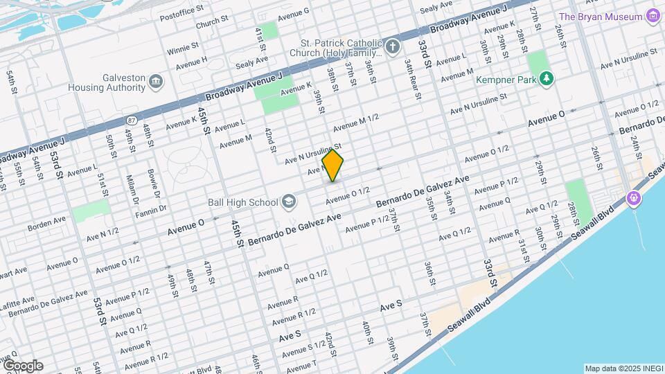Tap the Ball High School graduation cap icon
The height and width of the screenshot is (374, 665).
[x=288, y=202]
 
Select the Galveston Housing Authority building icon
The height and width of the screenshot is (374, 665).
[x=156, y=83]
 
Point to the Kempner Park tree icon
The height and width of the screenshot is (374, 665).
[x=547, y=79]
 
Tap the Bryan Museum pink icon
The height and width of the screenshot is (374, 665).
[x=651, y=16]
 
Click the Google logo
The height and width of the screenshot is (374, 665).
[x=22, y=366]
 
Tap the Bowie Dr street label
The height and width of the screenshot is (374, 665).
[x=152, y=179]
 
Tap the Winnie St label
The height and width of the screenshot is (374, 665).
[x=183, y=49]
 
